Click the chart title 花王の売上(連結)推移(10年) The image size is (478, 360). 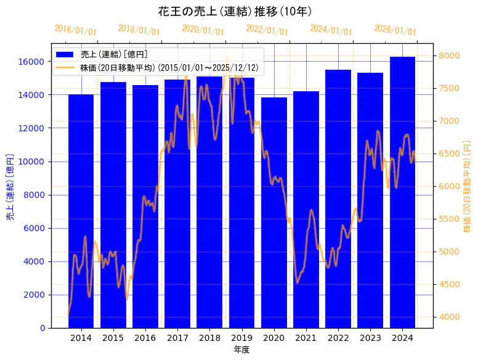239,12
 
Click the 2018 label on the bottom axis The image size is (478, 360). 209,338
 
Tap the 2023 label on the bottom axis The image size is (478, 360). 370,338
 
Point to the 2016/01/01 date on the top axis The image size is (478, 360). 75,30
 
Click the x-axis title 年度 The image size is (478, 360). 241,350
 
